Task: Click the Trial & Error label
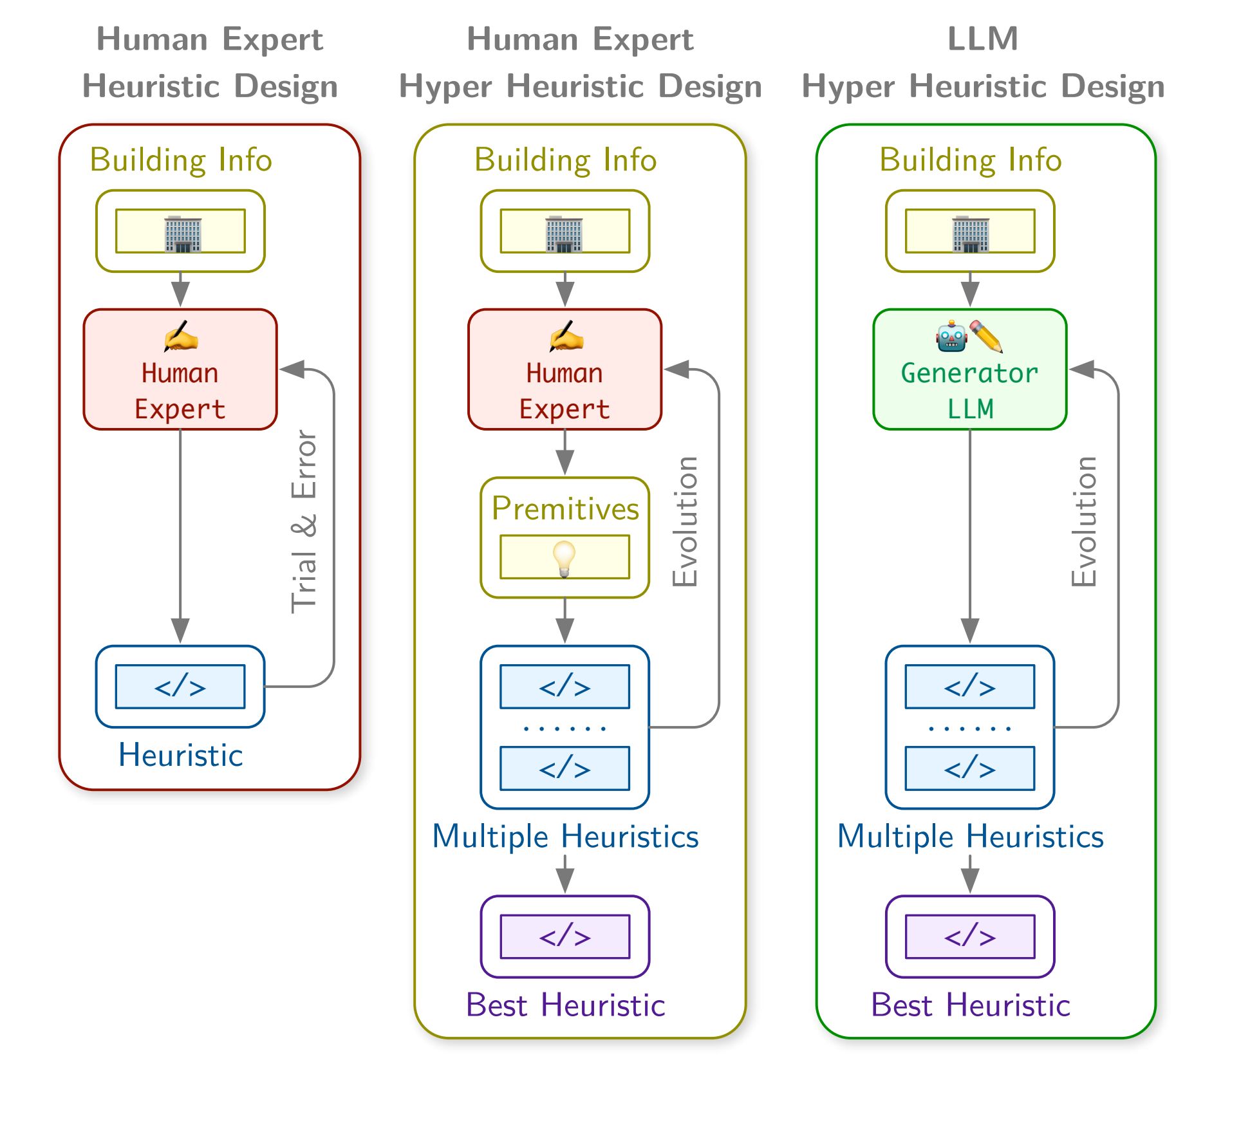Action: (304, 521)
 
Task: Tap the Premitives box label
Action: (565, 508)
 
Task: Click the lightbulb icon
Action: (565, 558)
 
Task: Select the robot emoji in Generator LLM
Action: (951, 337)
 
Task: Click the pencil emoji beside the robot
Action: (987, 336)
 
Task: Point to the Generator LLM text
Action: (969, 391)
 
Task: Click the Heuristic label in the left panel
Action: (180, 755)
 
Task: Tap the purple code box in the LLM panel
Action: (969, 936)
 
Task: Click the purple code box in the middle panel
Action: (565, 936)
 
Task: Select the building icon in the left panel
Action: (183, 234)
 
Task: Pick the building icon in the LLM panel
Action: (971, 234)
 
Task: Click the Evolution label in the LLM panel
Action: (1085, 521)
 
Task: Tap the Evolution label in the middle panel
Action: (686, 521)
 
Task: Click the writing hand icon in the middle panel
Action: (566, 337)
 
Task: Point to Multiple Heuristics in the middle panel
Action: (565, 836)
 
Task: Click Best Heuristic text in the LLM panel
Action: (970, 1005)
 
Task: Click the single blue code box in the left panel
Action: (180, 687)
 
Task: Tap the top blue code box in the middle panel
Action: (565, 687)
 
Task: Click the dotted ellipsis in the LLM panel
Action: (969, 729)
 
